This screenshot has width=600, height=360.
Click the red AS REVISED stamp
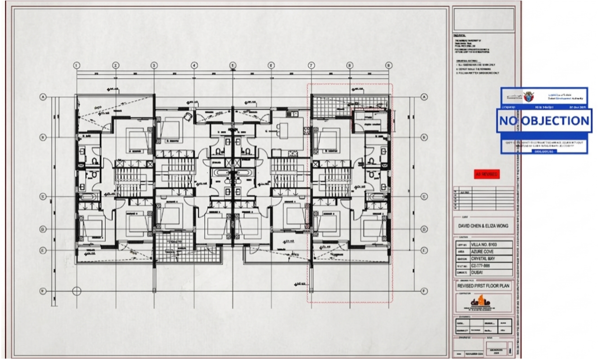[486, 174]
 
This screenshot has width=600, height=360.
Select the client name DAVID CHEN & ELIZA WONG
[483, 226]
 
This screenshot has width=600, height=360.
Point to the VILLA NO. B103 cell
[484, 244]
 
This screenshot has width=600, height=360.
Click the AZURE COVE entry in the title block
[484, 251]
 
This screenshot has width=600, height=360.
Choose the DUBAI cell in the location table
[484, 273]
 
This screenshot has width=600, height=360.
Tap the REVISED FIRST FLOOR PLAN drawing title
[483, 286]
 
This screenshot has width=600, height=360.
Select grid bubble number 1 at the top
[77, 65]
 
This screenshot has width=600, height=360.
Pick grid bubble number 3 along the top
[154, 65]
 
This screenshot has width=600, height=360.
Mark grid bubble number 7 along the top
[311, 65]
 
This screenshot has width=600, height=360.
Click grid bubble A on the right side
[423, 97]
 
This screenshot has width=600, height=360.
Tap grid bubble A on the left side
[42, 97]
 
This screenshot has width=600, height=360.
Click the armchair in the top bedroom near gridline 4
[188, 116]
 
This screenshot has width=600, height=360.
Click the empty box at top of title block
[483, 19]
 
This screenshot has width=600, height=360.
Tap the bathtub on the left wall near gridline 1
[88, 197]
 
